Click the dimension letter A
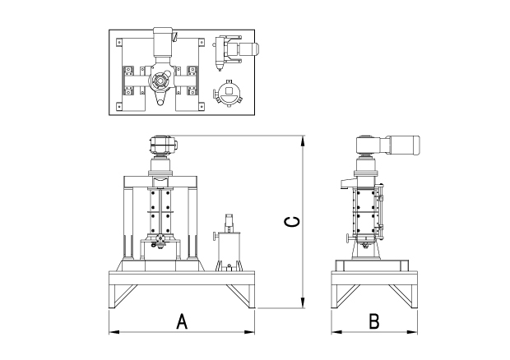point(183,321)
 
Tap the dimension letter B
point(374,321)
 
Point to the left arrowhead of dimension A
point(113,332)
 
